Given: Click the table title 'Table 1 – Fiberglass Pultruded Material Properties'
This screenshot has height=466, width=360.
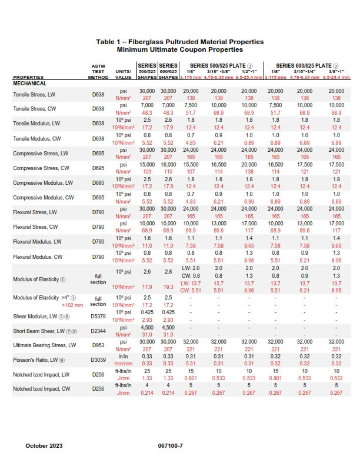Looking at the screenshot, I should point(180,42).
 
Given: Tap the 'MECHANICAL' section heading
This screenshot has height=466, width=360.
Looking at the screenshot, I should point(30,84).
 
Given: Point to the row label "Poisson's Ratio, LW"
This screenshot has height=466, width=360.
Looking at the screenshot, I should point(36,359).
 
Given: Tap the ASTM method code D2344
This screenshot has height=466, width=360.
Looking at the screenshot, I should point(98,329).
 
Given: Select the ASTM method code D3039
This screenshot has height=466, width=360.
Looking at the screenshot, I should point(98,359).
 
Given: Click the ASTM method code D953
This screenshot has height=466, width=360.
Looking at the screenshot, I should point(98,344).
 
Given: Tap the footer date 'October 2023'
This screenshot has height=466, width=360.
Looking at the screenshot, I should point(44,445).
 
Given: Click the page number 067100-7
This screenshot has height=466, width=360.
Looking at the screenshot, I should point(171,445).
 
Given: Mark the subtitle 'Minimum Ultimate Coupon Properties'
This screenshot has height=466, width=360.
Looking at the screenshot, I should point(180,49).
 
